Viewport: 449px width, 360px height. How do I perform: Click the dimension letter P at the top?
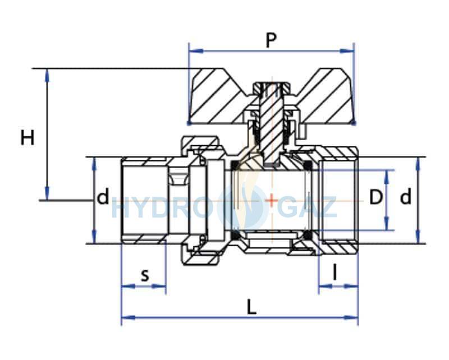coord(271,40)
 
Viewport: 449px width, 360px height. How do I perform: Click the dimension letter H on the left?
coord(28,137)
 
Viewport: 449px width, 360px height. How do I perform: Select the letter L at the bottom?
coord(251,308)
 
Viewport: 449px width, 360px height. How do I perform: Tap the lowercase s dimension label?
coord(145,276)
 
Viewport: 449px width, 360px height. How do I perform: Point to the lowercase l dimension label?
coord(335,272)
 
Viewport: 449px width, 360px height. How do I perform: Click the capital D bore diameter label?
coord(376,197)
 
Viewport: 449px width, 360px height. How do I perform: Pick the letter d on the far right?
coord(405,197)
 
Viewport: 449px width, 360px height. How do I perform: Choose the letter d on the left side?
coord(103,197)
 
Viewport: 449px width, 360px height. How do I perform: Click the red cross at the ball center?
coord(272,200)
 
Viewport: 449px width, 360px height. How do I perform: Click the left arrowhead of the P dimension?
coord(196,51)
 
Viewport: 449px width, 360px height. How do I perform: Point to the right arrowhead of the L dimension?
coord(351,317)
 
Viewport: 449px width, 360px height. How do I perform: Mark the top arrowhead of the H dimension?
coord(47,76)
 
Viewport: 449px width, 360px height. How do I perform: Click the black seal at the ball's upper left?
coord(235,164)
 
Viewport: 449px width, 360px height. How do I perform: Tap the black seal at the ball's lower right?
coord(308,235)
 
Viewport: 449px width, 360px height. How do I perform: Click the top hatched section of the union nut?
coord(200,142)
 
